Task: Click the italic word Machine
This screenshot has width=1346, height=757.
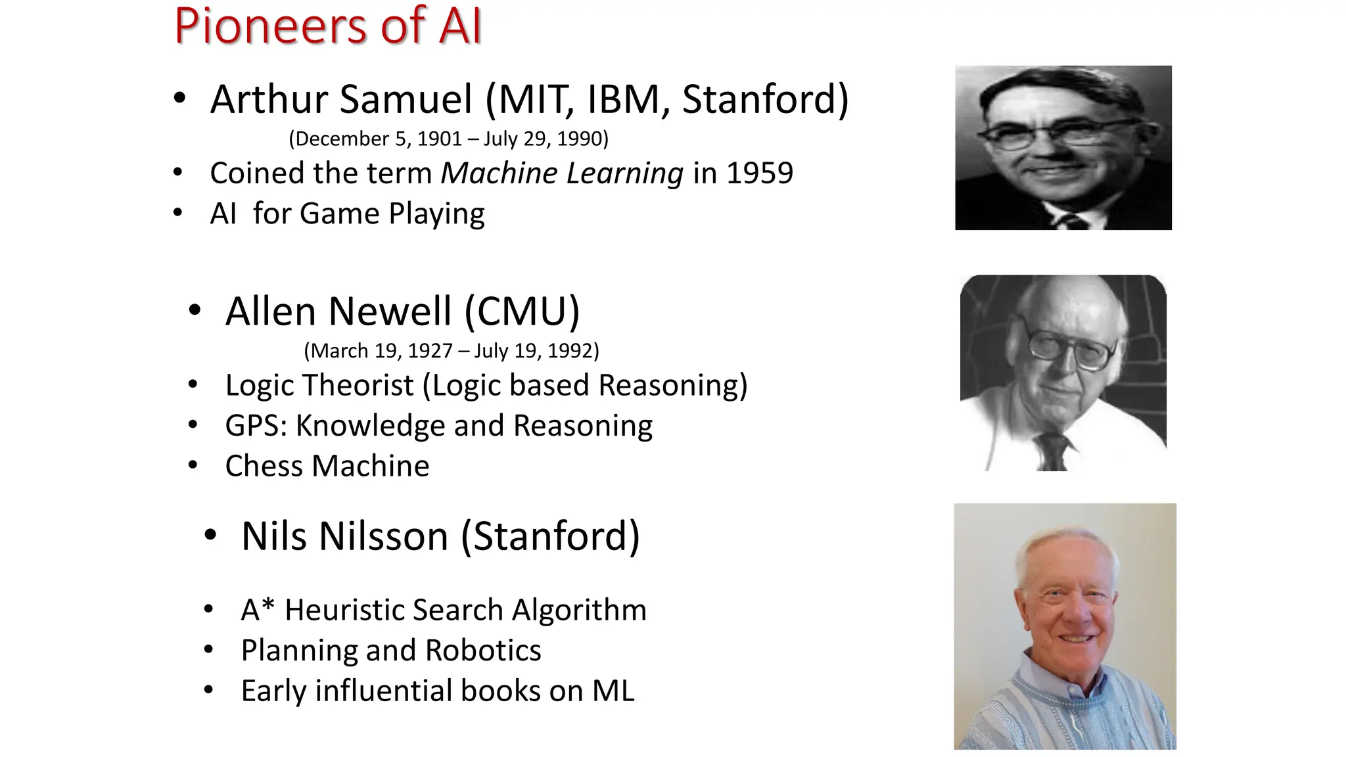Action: [499, 173]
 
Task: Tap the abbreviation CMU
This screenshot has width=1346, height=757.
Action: [522, 311]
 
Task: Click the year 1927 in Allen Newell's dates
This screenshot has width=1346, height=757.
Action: [430, 351]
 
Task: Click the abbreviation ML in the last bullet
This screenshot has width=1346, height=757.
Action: [613, 691]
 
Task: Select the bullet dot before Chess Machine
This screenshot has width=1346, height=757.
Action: [193, 466]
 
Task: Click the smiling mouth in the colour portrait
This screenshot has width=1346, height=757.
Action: [1076, 638]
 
